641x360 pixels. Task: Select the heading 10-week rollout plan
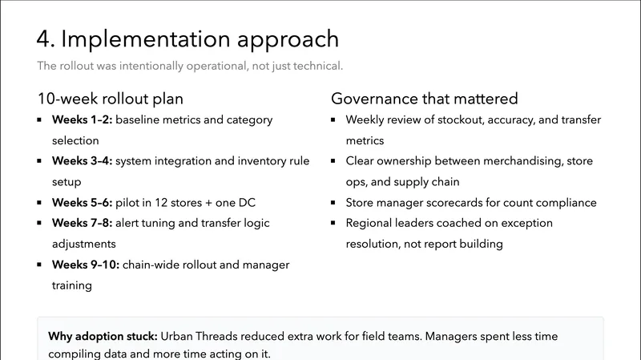[x=111, y=99]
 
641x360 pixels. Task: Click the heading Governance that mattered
[x=425, y=99]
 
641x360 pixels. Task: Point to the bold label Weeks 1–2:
[x=83, y=120]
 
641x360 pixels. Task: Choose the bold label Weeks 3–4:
[x=83, y=162]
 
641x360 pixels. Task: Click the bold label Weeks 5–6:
[x=83, y=203]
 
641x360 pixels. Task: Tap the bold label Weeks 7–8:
[x=83, y=224]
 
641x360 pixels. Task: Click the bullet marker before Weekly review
[x=335, y=120]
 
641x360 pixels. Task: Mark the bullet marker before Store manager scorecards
[x=335, y=203]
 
